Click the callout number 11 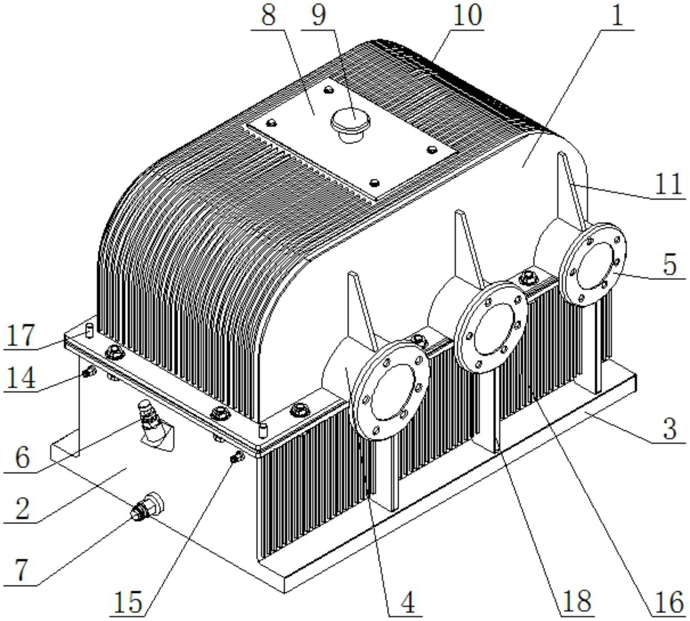coord(668,184)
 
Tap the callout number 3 coord(670,428)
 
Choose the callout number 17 coord(21,335)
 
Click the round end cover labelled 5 coord(592,264)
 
